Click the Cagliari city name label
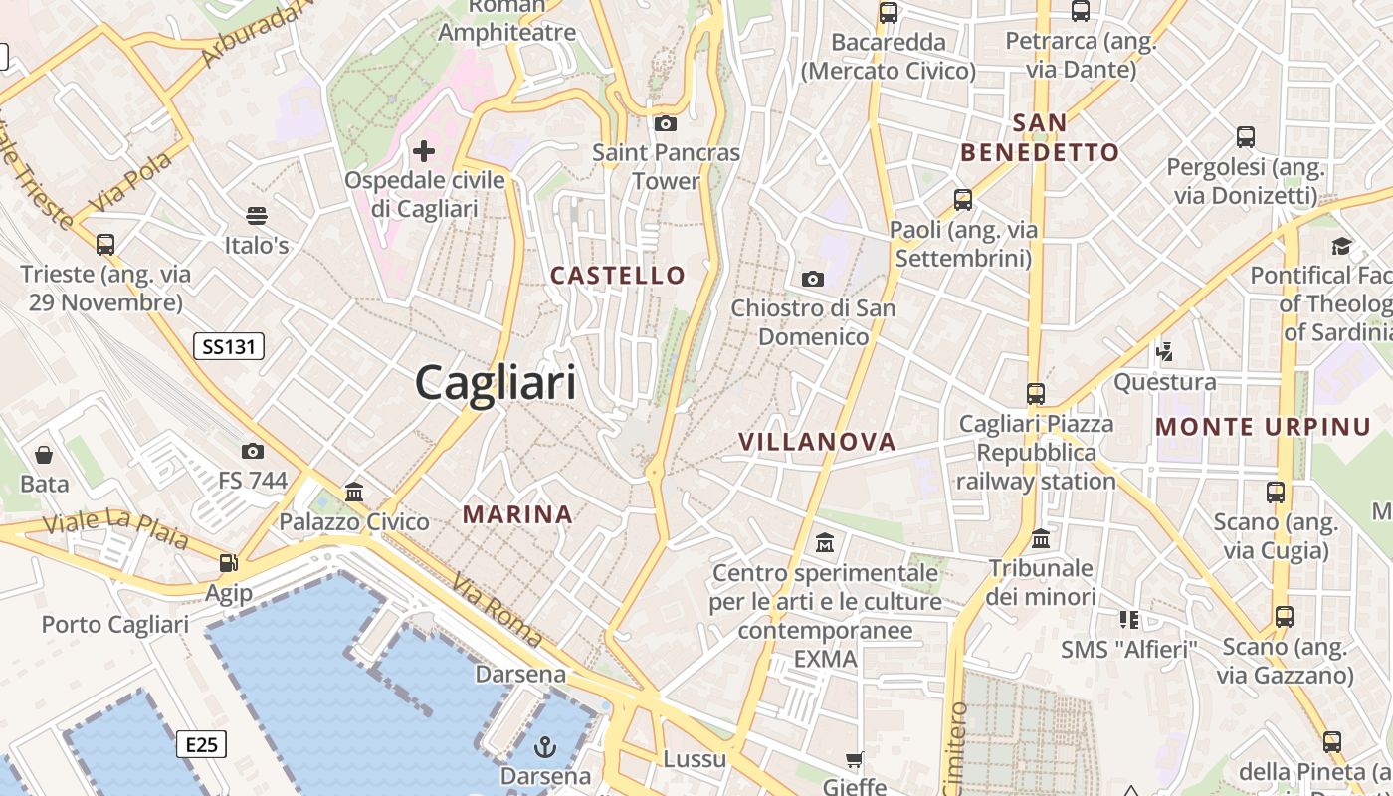[x=496, y=382]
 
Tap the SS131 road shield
[x=228, y=346]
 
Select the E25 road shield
[x=201, y=744]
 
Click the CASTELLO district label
[x=618, y=276]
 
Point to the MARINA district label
[x=517, y=514]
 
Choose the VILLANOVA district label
[x=817, y=442]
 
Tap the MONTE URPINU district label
[x=1263, y=428]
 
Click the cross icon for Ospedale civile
[x=424, y=151]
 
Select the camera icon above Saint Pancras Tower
[x=666, y=123]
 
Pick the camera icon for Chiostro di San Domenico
[x=813, y=279]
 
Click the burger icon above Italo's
[x=256, y=215]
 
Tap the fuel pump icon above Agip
[x=229, y=563]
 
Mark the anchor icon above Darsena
[x=545, y=746]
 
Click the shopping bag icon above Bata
[x=44, y=455]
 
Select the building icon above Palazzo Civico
[x=353, y=492]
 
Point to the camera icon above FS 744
[x=253, y=451]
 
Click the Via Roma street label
[x=497, y=611]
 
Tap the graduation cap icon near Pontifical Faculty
[x=1342, y=246]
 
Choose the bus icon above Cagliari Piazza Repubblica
[x=1036, y=393]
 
